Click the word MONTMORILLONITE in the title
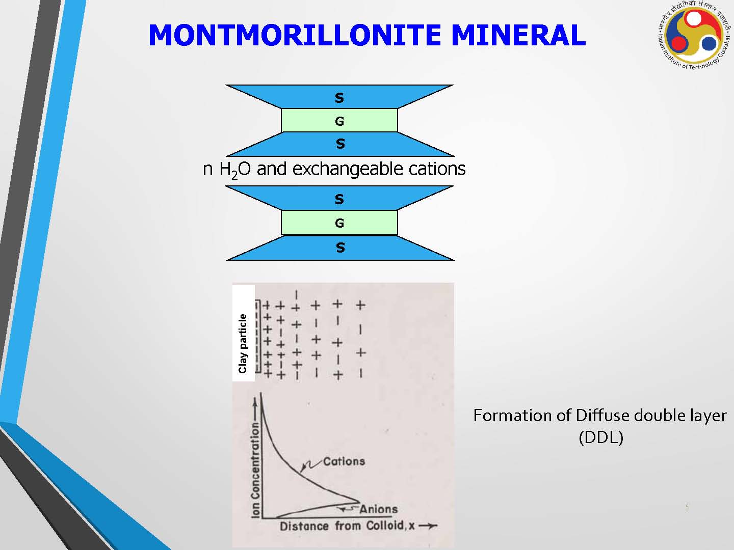tap(295, 35)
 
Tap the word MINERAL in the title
tap(518, 35)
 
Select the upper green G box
tap(339, 120)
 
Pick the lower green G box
tap(339, 223)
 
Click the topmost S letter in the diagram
tap(339, 98)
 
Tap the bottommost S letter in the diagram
tap(340, 248)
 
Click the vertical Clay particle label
tap(243, 344)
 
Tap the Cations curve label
tap(344, 461)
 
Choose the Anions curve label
tap(379, 509)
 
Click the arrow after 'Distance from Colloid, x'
tap(428, 526)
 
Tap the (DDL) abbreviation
tap(601, 437)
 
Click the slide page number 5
tap(688, 507)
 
